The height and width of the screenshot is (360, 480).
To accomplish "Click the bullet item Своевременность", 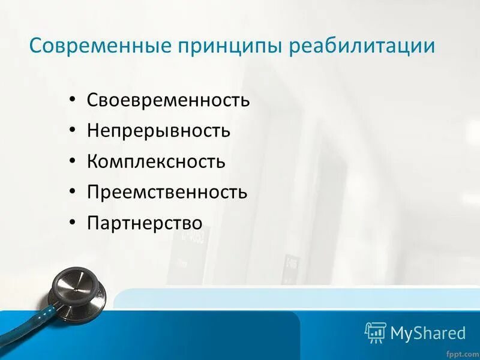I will [168, 100].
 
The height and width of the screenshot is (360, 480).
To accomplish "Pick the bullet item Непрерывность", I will [158, 131].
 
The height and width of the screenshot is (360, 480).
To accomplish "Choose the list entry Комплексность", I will [156, 161].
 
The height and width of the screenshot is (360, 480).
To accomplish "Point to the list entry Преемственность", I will [167, 193].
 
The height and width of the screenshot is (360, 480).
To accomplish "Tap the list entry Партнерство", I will [145, 223].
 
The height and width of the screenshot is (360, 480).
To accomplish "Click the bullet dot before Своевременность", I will [72, 100].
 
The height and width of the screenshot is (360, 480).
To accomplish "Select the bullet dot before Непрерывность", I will [72, 130].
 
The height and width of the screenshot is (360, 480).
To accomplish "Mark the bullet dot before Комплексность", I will [72, 161].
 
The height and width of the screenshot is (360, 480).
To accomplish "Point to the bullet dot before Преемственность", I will [72, 192].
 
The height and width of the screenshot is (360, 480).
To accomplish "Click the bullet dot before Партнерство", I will [72, 223].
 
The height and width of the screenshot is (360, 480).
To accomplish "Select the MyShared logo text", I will [428, 333].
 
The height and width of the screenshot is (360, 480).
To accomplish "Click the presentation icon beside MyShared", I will [375, 332].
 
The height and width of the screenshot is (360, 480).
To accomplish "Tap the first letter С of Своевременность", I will [92, 100].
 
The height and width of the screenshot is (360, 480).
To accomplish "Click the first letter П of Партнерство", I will [93, 223].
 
